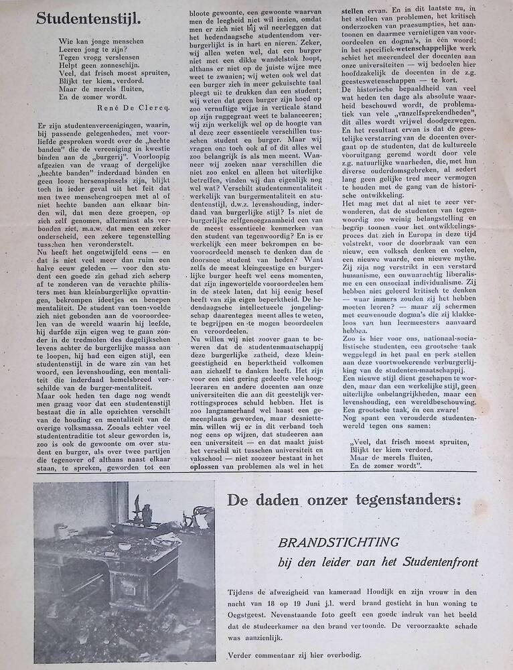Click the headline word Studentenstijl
(90, 19)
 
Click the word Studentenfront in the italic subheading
(440, 561)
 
